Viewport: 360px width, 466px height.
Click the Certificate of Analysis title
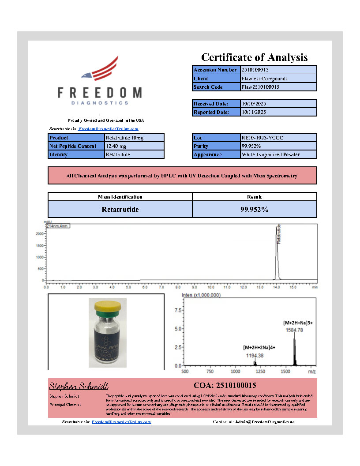[x=254, y=57]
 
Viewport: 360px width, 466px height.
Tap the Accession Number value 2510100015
[x=255, y=70]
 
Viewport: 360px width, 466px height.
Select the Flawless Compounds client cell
[x=265, y=79]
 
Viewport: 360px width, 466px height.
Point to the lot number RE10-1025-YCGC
[x=262, y=138]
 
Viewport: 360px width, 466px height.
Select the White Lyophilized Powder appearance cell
[x=270, y=154]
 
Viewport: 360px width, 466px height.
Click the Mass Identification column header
[x=120, y=197]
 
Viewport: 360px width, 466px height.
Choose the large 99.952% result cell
[x=254, y=210]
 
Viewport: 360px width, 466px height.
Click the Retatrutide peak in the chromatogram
[x=277, y=252]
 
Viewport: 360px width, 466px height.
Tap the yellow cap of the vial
[x=108, y=304]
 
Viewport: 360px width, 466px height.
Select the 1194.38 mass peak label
[x=255, y=355]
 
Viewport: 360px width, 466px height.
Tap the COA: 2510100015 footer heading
[x=225, y=385]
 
